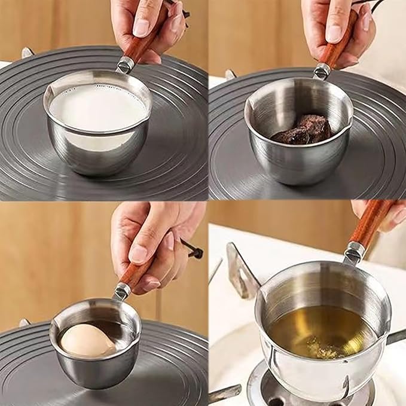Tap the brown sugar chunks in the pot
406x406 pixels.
(305, 129)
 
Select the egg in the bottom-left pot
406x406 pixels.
(87, 340)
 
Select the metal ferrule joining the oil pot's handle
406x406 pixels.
(354, 251)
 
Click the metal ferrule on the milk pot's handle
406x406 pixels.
(125, 65)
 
